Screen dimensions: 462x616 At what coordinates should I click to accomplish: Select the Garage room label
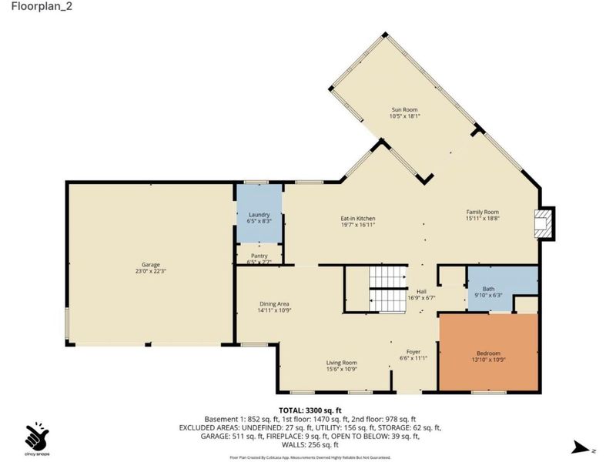[149, 263]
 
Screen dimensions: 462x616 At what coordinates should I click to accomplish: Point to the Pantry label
[259, 256]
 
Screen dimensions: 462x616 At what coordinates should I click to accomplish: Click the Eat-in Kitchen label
[358, 219]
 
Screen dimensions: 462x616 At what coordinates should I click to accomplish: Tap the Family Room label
[483, 212]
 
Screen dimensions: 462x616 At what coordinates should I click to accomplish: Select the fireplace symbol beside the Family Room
[544, 223]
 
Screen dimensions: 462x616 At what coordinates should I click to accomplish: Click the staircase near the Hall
[386, 289]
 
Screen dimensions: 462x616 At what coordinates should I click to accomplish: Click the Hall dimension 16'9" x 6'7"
[421, 297]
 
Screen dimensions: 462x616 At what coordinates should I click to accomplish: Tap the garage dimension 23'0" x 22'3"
[149, 270]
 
